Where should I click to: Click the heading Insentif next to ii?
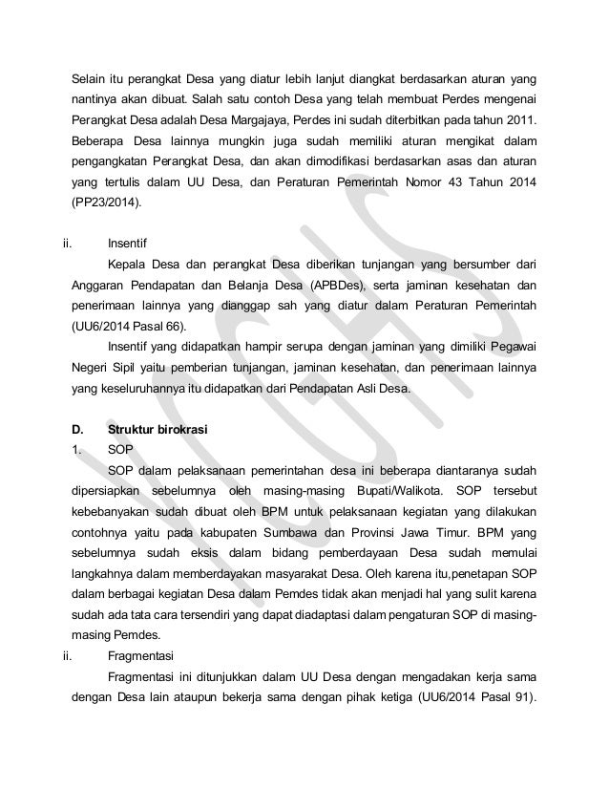[128, 243]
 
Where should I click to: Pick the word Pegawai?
[511, 345]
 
